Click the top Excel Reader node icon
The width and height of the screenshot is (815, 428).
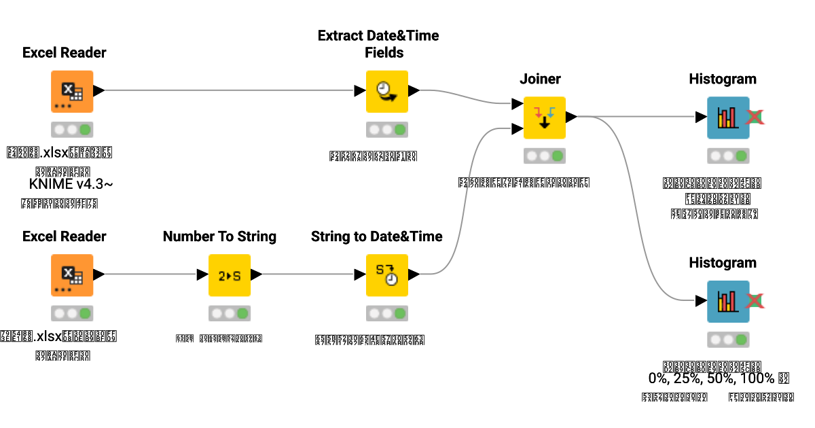(x=72, y=91)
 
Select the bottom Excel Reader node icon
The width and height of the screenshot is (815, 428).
(x=72, y=274)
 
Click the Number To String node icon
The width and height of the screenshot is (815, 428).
(x=229, y=274)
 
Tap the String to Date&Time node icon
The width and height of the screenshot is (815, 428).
(x=386, y=274)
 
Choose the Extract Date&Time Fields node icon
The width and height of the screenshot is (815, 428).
(x=386, y=91)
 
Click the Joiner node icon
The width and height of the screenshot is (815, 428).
(x=544, y=117)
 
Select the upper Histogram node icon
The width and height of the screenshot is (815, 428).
(x=728, y=118)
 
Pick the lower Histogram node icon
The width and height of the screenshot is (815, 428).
(x=728, y=301)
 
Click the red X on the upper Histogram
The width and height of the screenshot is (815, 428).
(x=755, y=118)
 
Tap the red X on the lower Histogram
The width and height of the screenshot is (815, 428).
(x=755, y=301)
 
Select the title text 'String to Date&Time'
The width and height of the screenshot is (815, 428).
(x=376, y=236)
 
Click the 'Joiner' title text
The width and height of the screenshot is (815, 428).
(x=540, y=79)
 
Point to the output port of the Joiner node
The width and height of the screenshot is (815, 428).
(x=572, y=117)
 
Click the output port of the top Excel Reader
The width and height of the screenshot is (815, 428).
(x=99, y=90)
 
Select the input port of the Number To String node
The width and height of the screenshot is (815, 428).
(x=202, y=274)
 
